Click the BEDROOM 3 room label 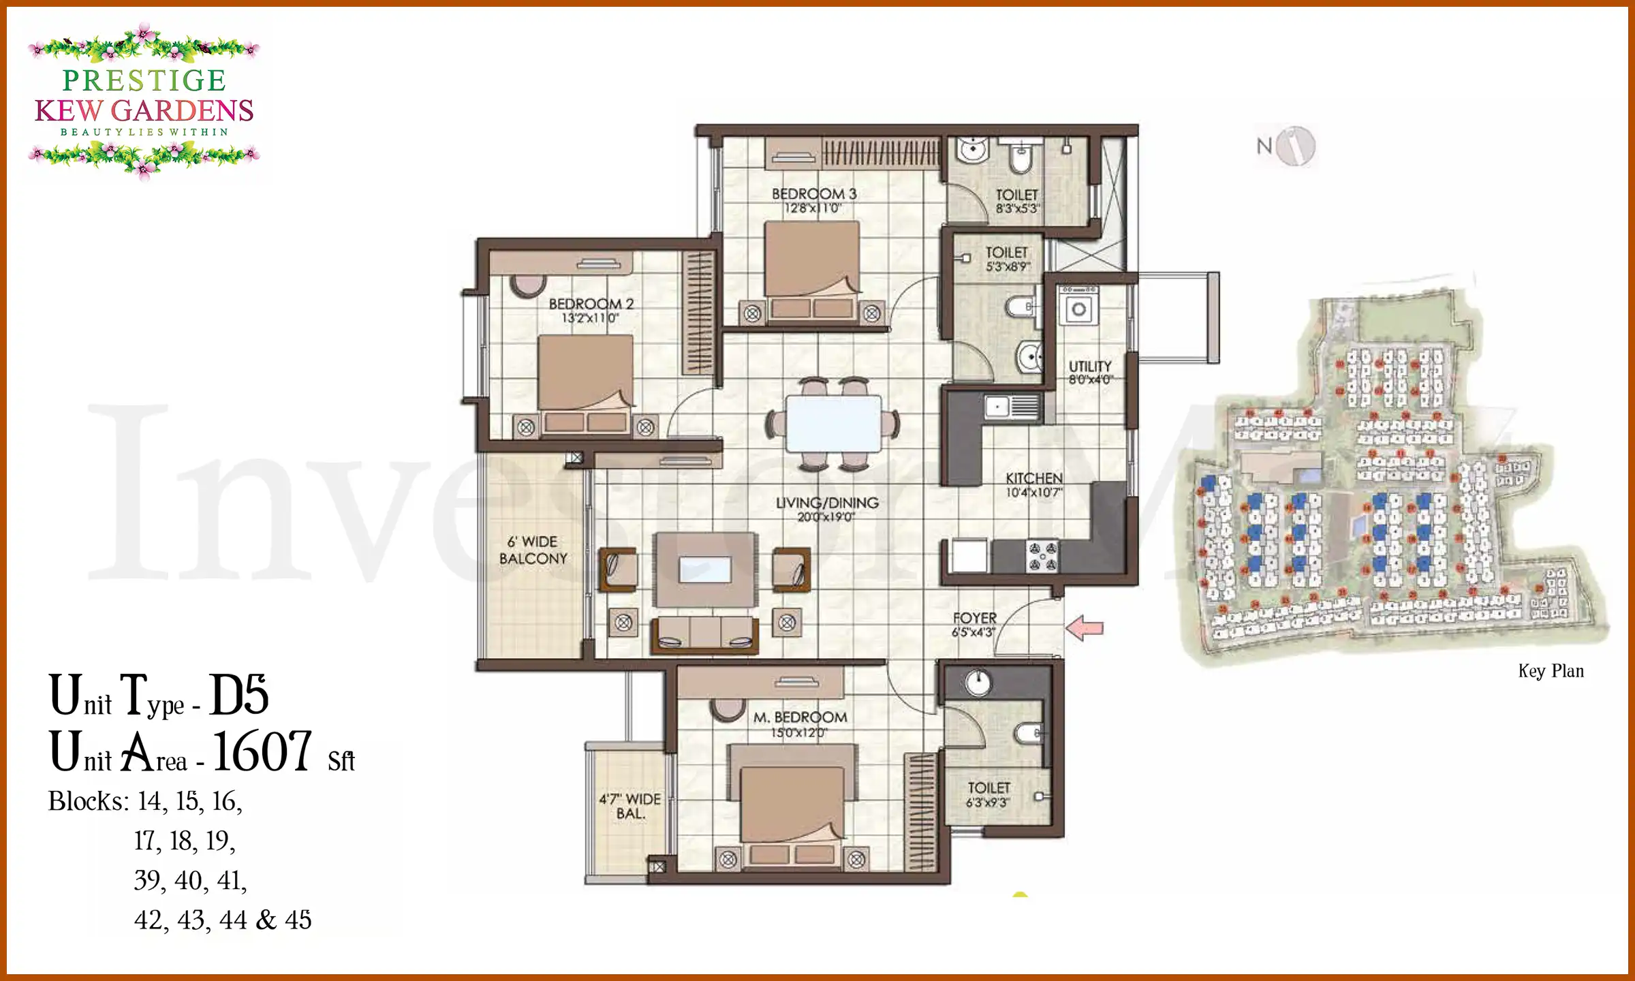(814, 194)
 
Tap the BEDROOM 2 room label (591, 304)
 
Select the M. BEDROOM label (800, 717)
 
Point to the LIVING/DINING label (827, 503)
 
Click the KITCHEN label (1033, 478)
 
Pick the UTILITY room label (1089, 367)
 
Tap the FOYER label (974, 618)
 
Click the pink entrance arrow (1084, 627)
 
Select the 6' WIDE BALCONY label (533, 550)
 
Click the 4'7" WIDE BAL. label (629, 806)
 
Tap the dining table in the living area (832, 423)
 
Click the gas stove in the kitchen (1042, 556)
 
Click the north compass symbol (1295, 146)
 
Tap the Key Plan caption (1551, 671)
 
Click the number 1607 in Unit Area (262, 752)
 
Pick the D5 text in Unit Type (238, 696)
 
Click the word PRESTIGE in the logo (144, 80)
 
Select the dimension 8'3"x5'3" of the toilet (1017, 208)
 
